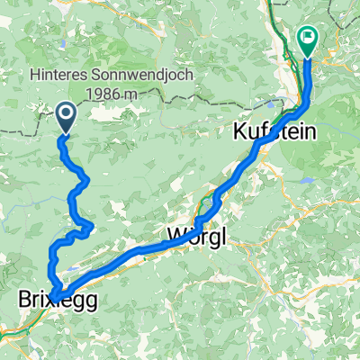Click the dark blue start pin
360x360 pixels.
tap(67, 116)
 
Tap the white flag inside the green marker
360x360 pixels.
tap(307, 38)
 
